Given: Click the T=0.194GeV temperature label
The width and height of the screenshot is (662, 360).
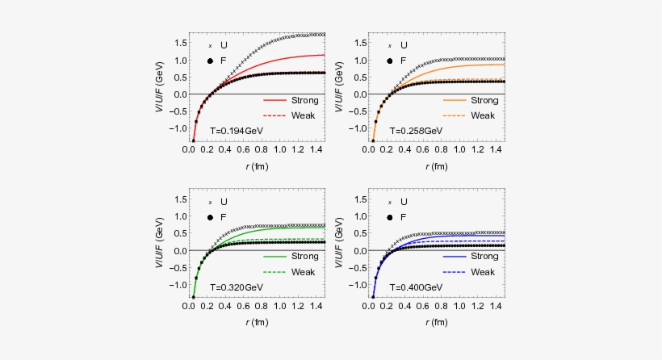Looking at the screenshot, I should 236,130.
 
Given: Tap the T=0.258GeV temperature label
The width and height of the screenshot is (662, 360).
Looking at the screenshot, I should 416,130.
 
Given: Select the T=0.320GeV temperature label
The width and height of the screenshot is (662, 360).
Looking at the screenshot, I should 236,287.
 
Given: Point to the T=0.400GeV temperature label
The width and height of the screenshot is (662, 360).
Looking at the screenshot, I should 416,287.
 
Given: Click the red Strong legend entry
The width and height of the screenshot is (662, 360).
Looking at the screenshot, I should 291,101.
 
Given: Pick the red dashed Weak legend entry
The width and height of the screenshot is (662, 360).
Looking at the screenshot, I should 291,115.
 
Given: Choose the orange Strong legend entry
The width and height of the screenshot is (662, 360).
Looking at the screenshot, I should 471,101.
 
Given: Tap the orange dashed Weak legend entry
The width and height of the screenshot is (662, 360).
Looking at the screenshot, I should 471,115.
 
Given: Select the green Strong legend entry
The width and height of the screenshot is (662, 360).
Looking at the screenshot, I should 291,257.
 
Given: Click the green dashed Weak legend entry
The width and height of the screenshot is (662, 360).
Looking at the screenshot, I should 291,271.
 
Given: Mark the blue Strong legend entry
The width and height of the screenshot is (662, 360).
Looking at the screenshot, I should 471,257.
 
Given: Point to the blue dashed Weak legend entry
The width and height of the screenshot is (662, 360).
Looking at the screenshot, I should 471,271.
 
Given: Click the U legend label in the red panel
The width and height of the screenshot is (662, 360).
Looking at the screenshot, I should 224,45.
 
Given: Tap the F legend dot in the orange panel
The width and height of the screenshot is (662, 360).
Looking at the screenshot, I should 391,61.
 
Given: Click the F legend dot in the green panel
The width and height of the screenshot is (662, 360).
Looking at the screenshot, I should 211,217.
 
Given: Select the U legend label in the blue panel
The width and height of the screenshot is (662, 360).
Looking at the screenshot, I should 404,202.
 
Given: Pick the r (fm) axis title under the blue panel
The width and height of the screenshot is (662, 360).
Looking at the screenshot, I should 438,323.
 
